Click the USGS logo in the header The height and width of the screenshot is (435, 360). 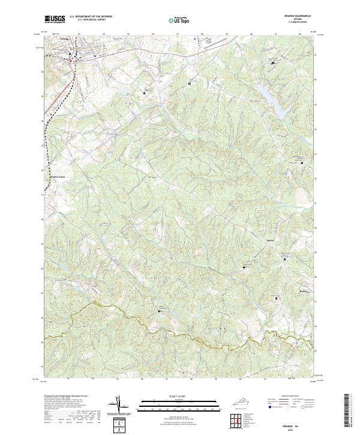pyautogui.click(x=54, y=19)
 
